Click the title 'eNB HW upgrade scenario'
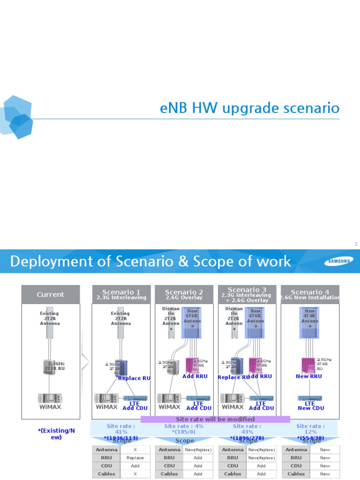coord(249,108)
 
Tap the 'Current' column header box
coord(51,294)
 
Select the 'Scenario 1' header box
coord(121,294)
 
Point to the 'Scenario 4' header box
coord(310,294)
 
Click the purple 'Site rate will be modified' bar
coord(215,419)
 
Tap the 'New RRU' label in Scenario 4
coord(309,376)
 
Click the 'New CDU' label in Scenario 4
coord(310,408)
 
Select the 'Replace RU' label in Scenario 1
coord(135,378)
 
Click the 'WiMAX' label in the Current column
coord(50,407)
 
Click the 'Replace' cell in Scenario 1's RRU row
coord(135,457)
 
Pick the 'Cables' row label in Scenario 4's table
coord(296,473)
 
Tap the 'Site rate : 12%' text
coord(310,429)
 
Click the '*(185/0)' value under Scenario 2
coord(184,432)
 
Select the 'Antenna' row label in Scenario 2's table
coord(169,450)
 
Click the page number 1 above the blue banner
coord(356,244)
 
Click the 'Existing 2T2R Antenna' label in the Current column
coord(50,318)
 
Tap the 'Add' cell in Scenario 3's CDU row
coord(262,465)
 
